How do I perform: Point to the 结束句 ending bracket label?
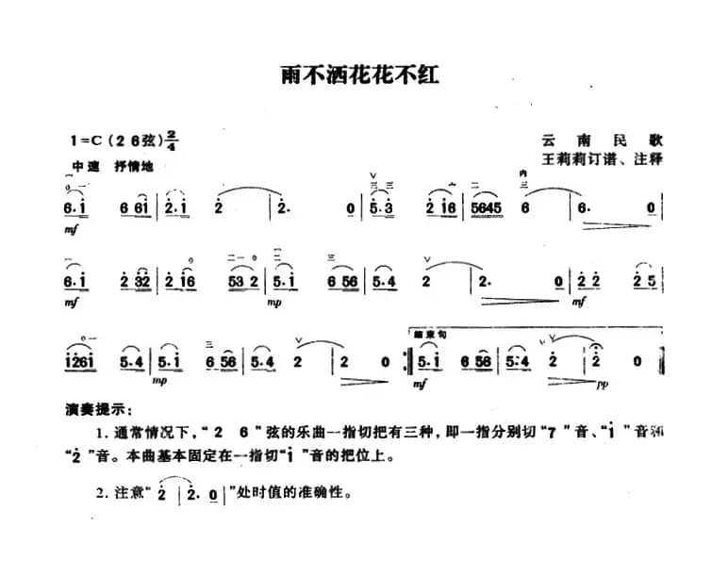pos(430,336)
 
